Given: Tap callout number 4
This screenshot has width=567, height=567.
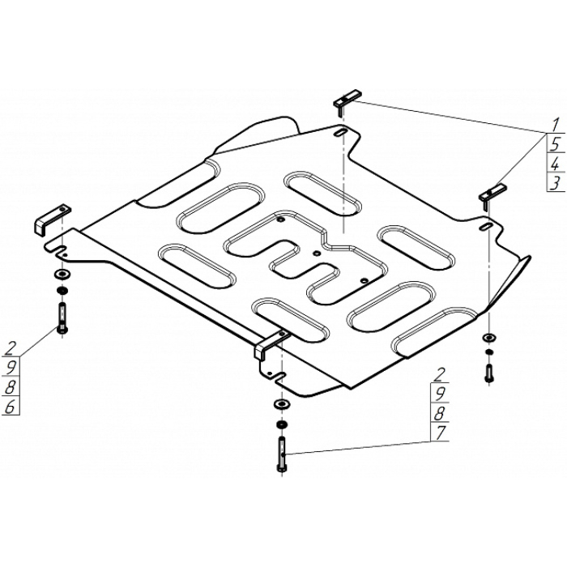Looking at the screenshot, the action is tap(556, 164).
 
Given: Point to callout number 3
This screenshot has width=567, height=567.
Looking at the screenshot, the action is tap(556, 183).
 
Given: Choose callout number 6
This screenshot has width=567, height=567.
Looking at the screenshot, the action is tap(10, 407).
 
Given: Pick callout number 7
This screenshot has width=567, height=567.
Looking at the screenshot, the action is tap(440, 433).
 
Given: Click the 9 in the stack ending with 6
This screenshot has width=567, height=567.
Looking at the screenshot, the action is tap(10, 368).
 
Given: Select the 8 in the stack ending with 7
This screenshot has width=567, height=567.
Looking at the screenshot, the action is tap(439, 413).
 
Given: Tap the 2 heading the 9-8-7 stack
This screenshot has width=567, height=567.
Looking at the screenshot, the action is tap(439, 374).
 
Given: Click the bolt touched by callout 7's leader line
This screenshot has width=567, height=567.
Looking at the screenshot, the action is tap(282, 454).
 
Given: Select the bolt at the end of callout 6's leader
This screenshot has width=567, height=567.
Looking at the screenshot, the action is tap(62, 320).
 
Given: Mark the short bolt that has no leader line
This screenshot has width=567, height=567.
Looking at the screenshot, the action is tap(489, 373).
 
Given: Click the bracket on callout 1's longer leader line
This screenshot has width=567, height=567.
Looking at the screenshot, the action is tap(347, 100).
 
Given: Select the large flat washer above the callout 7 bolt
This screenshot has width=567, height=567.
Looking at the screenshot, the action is tap(282, 403).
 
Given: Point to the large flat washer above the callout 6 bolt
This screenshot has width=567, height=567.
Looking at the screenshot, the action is tap(62, 275).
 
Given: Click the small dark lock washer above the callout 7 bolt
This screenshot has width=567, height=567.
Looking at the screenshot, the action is tap(282, 424).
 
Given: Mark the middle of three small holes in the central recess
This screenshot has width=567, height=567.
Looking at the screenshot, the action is tap(317, 254).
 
